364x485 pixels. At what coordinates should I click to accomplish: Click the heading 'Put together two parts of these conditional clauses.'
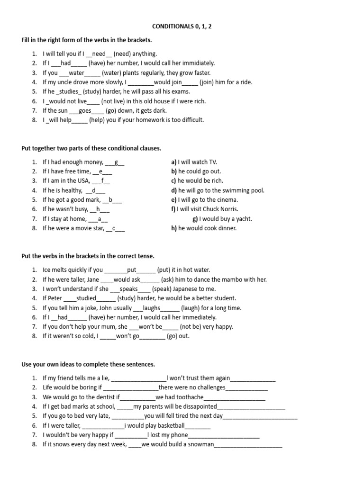coord(91,148)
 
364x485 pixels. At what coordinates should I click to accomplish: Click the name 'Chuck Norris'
coord(222,209)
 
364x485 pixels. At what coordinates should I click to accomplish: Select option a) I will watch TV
coord(194,162)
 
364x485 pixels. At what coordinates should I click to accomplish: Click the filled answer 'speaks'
coord(129,289)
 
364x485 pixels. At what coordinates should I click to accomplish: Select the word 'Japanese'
coord(184,289)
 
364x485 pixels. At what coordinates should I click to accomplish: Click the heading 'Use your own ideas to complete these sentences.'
coord(88,365)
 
